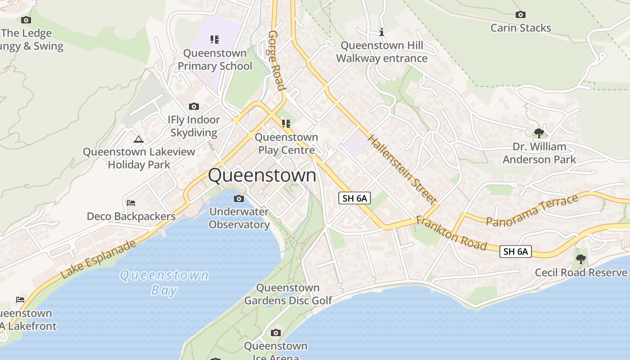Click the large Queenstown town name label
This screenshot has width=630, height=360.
click(262, 175)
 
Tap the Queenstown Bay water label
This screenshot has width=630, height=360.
click(164, 282)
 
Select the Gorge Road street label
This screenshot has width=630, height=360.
click(276, 60)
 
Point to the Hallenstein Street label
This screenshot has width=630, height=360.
click(402, 169)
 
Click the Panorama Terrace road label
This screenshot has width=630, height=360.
click(532, 210)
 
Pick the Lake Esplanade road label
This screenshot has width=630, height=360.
click(98, 259)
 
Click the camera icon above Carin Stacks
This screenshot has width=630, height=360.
click(521, 15)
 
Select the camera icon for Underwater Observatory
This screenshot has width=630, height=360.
click(239, 199)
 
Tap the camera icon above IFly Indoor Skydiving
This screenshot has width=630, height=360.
click(194, 107)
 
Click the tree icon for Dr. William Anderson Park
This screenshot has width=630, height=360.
click(539, 133)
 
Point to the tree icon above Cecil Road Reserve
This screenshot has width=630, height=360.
click(581, 259)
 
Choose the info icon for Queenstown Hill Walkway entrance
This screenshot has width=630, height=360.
click(382, 32)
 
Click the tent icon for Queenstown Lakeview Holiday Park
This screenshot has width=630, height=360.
click(139, 139)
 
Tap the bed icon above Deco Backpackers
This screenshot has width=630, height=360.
click(131, 203)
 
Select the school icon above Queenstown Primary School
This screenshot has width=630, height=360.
click(215, 40)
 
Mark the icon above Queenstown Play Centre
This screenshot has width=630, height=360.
click(286, 124)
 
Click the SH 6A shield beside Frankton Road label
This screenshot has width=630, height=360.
click(516, 252)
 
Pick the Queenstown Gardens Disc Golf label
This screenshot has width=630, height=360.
click(288, 294)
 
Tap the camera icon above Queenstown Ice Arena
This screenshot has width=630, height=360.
click(276, 333)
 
